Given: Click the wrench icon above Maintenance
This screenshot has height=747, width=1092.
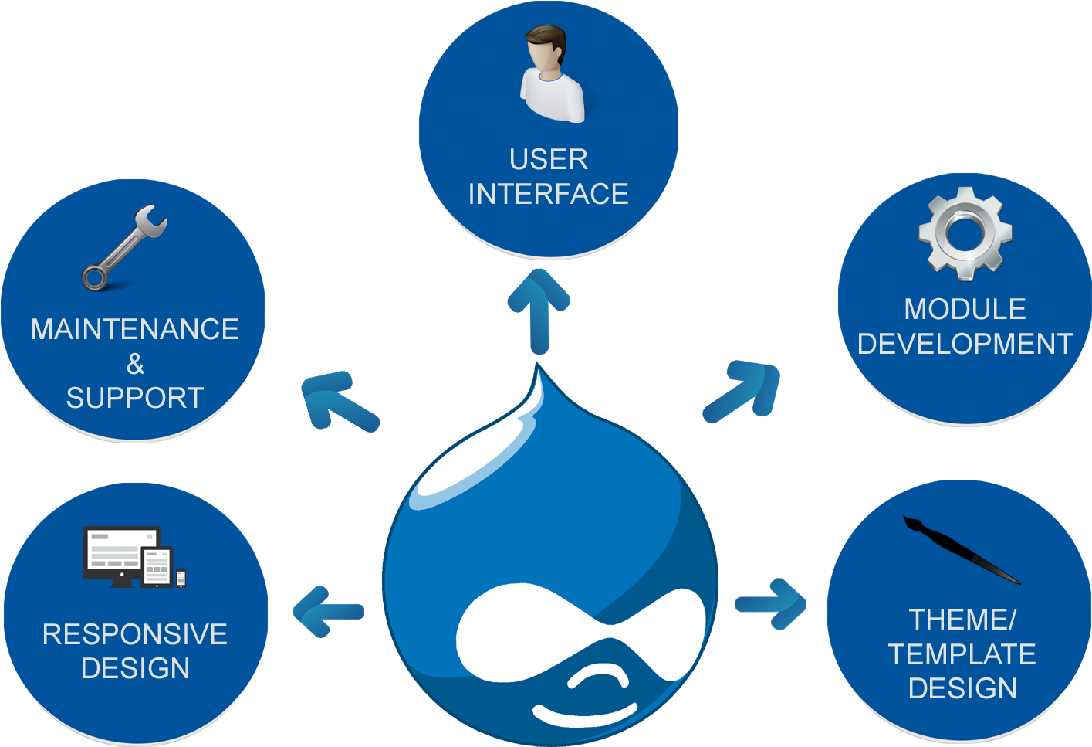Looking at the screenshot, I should (123, 248).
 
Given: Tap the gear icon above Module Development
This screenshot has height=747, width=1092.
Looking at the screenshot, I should (965, 233).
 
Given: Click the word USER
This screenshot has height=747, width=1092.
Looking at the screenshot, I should (549, 160).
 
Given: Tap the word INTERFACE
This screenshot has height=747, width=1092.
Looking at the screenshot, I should (549, 194).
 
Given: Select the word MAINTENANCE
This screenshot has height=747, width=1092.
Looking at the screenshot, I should (135, 330).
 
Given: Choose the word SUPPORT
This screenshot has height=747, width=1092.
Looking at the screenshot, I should (135, 398).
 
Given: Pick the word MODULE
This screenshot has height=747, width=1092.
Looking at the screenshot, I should (965, 309).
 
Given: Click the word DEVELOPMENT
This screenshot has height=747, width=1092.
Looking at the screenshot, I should (965, 344).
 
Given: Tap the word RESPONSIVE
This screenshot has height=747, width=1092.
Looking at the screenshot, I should (135, 634).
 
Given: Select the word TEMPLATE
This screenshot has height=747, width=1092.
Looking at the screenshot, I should (962, 654).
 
